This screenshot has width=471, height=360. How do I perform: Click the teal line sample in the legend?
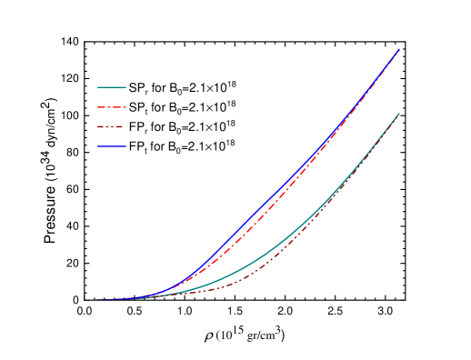point(112,88)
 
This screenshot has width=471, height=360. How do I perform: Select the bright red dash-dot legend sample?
point(112,107)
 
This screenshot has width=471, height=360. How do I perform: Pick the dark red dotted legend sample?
point(112,127)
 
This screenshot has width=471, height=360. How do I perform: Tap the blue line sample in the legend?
point(112,146)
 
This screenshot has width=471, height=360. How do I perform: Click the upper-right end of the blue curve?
point(399,50)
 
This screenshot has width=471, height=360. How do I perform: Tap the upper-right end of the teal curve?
point(399,114)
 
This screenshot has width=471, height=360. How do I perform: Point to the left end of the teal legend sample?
point(97,88)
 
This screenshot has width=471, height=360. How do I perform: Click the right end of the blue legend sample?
point(126,146)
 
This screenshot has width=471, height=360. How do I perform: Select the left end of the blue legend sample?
point(97,146)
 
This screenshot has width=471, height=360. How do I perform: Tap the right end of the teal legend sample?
point(126,88)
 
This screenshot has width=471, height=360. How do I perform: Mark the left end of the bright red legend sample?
point(97,107)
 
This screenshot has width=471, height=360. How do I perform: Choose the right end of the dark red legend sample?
point(126,127)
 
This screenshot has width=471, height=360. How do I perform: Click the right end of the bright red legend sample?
point(126,107)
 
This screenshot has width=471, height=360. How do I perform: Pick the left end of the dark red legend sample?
point(97,127)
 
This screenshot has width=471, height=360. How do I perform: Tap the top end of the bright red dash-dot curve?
point(398,52)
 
